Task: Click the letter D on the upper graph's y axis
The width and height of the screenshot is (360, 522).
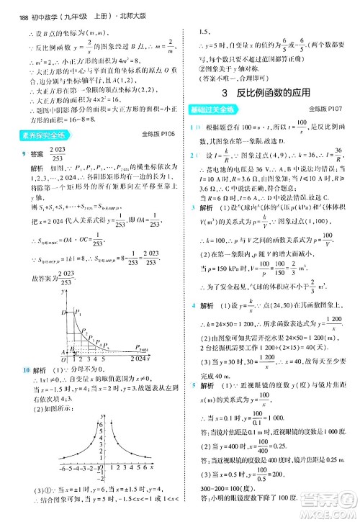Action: (63, 313)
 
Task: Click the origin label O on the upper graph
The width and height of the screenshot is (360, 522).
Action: (65, 358)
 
